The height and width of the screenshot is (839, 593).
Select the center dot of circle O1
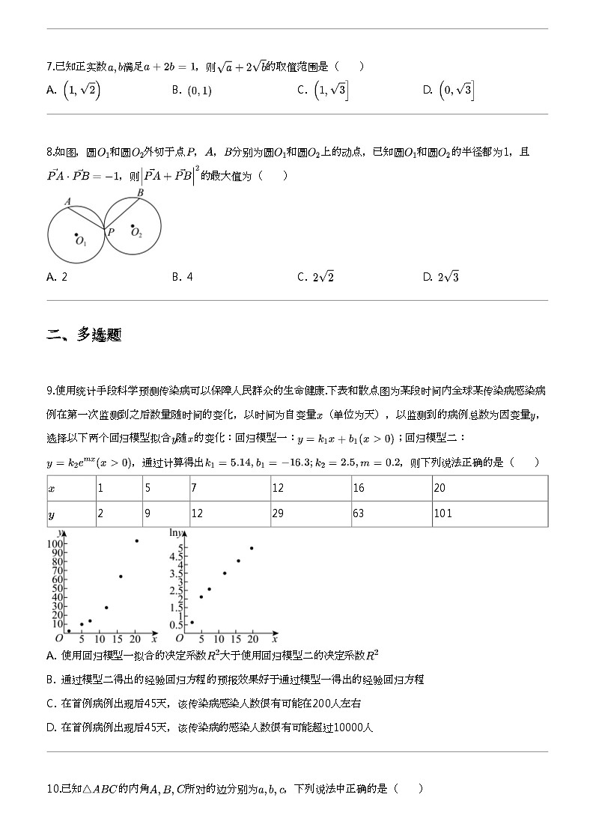coord(76,236)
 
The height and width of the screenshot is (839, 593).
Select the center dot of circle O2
coord(133,226)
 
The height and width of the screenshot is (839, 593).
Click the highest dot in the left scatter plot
coord(136,541)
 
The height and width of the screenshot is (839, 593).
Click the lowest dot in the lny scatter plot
coord(192,622)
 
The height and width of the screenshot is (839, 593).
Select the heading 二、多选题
coord(84,335)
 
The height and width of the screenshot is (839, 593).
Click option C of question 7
coord(322,91)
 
